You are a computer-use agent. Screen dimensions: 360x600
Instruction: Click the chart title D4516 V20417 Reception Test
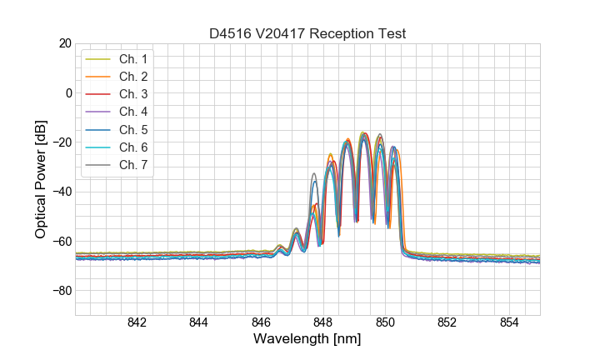tap(307, 33)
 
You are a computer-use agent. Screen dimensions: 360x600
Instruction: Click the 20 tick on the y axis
tap(63, 43)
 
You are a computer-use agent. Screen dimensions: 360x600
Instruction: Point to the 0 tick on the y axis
tap(67, 92)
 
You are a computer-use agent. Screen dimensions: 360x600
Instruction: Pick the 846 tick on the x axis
tap(261, 322)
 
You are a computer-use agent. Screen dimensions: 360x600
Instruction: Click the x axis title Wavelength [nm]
tap(307, 340)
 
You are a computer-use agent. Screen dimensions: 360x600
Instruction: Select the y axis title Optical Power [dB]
tap(40, 179)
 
